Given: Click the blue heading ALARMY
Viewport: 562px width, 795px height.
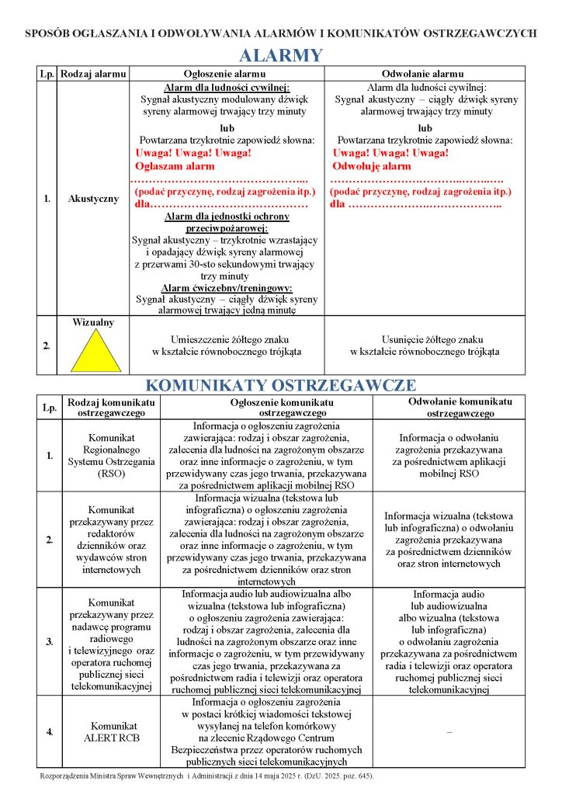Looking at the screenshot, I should click(280, 55).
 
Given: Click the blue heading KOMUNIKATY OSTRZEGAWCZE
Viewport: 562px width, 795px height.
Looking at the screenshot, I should click(281, 385).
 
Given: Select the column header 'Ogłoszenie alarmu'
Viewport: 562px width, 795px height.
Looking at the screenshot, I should click(226, 73).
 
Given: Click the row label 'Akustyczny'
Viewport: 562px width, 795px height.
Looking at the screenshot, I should click(93, 199).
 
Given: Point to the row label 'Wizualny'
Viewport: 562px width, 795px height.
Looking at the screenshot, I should click(93, 321).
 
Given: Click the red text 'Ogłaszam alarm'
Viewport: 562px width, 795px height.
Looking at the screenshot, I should click(175, 166).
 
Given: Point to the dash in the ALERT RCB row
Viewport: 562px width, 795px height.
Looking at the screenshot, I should click(449, 731).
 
